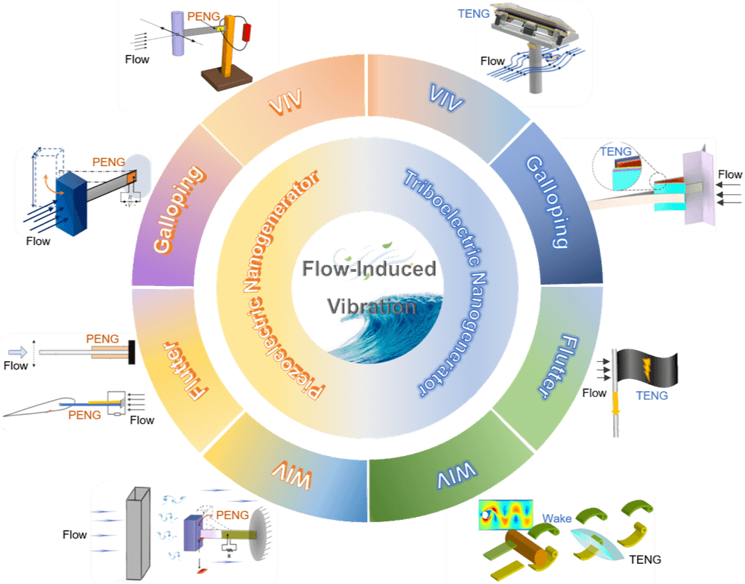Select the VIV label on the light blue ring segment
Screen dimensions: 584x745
(447, 98)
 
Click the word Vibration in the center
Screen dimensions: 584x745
(371, 306)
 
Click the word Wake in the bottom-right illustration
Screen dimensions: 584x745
(557, 518)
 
